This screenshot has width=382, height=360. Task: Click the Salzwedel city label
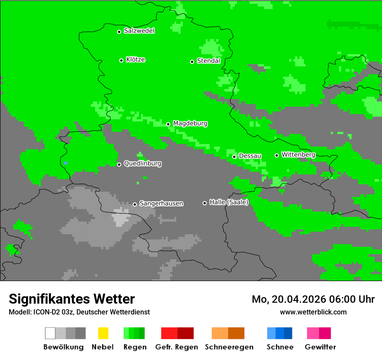[139, 31]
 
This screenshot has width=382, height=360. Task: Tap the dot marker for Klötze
[121, 60]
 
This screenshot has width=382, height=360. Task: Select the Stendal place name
[208, 61]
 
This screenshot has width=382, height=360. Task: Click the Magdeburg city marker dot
[168, 124]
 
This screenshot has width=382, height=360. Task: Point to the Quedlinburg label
[142, 164]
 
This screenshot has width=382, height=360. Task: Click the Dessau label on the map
[250, 156]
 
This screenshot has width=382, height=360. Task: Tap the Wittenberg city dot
[277, 155]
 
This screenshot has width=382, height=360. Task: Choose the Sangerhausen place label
[161, 203]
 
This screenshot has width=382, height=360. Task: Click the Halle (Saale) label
[229, 202]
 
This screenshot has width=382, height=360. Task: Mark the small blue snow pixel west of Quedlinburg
[66, 163]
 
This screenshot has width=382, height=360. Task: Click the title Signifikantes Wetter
[72, 299]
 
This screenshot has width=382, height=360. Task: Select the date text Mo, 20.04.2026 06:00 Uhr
[313, 299]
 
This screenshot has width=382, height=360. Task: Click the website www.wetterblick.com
[313, 312]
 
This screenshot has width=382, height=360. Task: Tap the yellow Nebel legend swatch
[103, 333]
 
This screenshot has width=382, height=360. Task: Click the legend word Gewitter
[320, 347]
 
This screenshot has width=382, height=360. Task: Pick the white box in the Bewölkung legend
[50, 333]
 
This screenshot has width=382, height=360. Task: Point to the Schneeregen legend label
[228, 347]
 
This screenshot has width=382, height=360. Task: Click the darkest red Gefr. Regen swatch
[186, 333]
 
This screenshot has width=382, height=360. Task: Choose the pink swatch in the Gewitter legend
[313, 333]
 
